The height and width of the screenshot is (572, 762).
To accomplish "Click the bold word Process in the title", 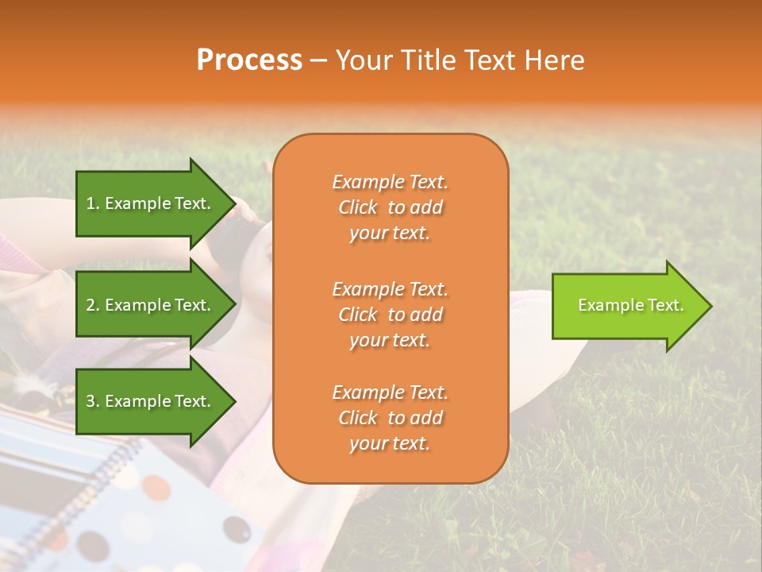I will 249,60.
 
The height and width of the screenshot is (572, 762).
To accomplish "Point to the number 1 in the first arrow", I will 90,203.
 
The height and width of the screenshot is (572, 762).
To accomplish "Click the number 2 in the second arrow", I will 90,305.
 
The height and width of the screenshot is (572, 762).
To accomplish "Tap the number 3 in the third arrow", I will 90,401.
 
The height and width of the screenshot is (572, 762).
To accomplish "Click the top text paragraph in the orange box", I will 390,207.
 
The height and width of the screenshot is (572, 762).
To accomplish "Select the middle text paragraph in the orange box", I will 390,315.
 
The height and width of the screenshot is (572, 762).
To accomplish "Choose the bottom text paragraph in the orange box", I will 390,418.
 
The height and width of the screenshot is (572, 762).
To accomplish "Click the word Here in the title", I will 556,60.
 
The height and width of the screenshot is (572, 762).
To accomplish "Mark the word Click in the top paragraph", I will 358,207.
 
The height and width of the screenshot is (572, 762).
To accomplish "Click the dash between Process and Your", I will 318,61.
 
